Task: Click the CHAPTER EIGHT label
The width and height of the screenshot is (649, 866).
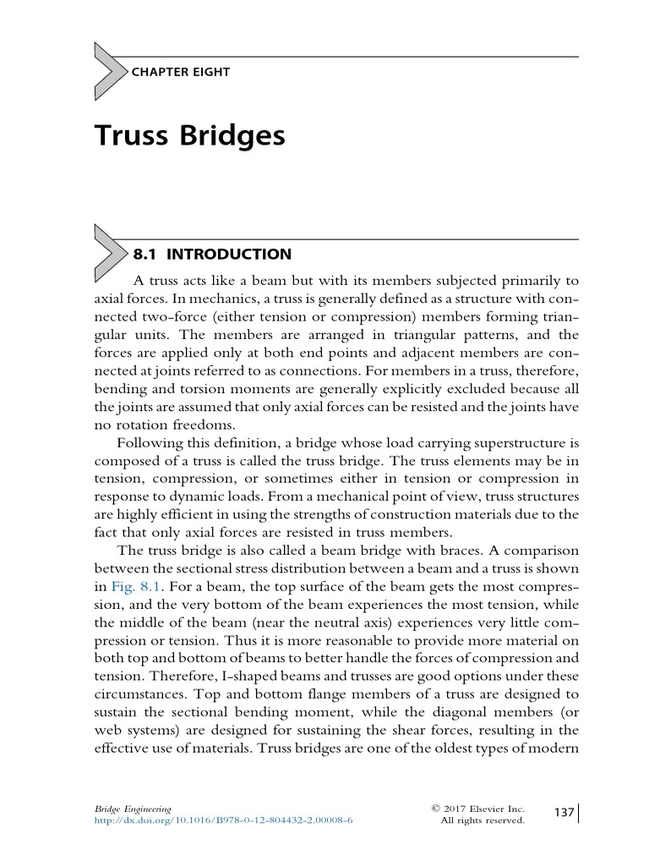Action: (180, 72)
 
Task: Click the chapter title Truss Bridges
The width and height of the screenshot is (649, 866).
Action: (189, 135)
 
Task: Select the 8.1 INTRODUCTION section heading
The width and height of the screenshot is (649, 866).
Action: (212, 254)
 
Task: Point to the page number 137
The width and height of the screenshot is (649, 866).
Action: (564, 813)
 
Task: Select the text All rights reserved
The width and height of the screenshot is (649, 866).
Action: (483, 820)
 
